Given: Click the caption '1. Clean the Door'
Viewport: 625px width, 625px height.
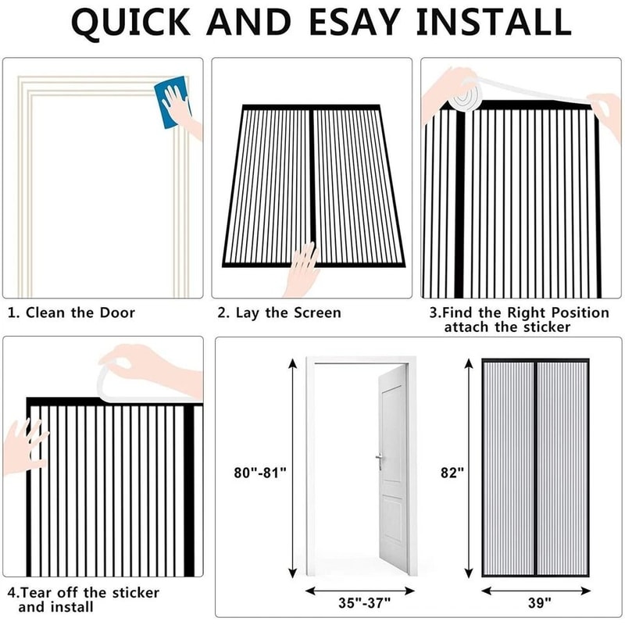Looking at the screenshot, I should point(71,312).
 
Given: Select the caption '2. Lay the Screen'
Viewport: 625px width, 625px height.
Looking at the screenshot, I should point(279,312).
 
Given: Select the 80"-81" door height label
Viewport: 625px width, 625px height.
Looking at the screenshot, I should point(261,472).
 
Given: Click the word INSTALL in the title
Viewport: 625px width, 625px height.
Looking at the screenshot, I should point(492,23).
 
